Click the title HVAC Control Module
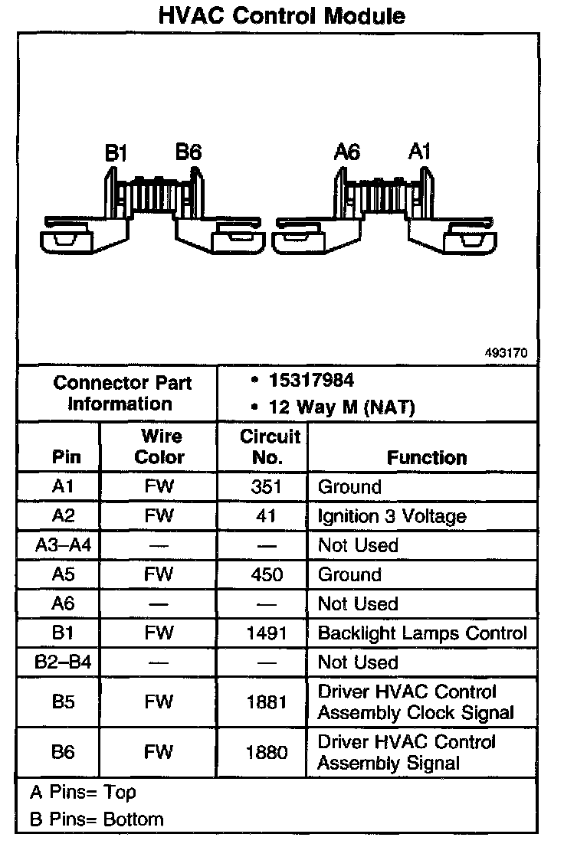coord(281,16)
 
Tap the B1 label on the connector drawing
coord(116,153)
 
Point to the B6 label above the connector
coord(189,152)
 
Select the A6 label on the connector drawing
coord(347,152)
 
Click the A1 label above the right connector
coord(419,151)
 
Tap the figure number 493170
coord(506,354)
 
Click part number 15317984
coord(311,381)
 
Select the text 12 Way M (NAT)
coord(342,407)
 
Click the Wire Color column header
coord(159,447)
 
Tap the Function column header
coord(426,457)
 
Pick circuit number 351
coord(266,487)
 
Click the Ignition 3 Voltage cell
coord(392,516)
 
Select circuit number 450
coord(266,574)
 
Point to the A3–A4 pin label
coord(63,545)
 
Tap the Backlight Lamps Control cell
coord(422,633)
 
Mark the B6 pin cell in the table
coord(63,752)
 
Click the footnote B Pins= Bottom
coord(97,819)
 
